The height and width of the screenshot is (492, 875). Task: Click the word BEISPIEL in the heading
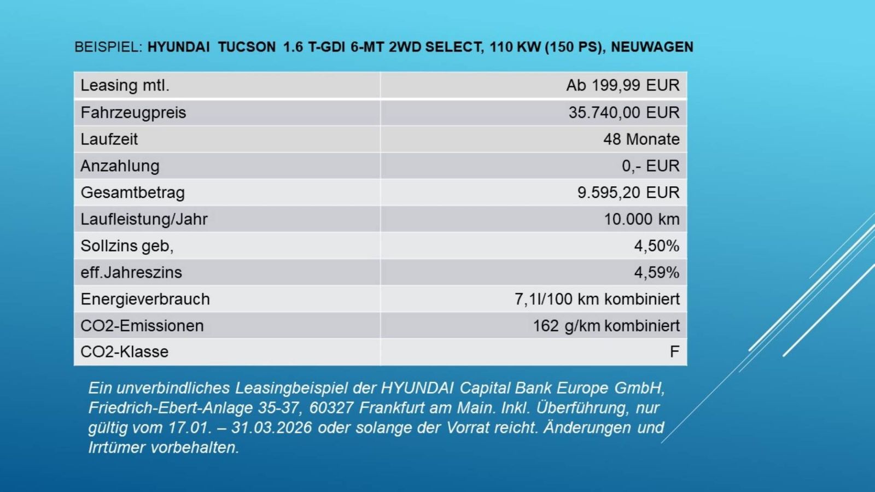pyautogui.click(x=107, y=47)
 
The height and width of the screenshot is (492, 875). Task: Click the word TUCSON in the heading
pyautogui.click(x=247, y=47)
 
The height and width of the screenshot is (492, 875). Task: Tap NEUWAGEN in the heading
pyautogui.click(x=652, y=47)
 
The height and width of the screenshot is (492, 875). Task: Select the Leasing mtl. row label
pyautogui.click(x=125, y=85)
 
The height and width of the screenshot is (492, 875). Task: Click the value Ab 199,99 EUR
pyautogui.click(x=622, y=85)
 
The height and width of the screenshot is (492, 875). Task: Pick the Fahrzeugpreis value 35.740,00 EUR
pyautogui.click(x=623, y=113)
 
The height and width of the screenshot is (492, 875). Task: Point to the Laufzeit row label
pyautogui.click(x=109, y=139)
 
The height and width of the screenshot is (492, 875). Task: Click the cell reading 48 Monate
pyautogui.click(x=641, y=139)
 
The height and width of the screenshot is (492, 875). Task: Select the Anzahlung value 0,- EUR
pyautogui.click(x=650, y=166)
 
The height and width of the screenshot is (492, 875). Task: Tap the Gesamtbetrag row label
pyautogui.click(x=132, y=192)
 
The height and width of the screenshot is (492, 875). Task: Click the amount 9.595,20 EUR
pyautogui.click(x=628, y=192)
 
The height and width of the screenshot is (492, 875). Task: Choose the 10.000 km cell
pyautogui.click(x=641, y=219)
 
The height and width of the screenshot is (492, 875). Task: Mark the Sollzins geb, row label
pyautogui.click(x=127, y=246)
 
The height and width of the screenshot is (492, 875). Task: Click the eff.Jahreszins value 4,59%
pyautogui.click(x=656, y=272)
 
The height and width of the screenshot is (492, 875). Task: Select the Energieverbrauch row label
pyautogui.click(x=145, y=299)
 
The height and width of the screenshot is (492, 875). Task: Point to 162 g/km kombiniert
pyautogui.click(x=606, y=326)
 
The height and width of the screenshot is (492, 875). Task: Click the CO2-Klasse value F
pyautogui.click(x=674, y=352)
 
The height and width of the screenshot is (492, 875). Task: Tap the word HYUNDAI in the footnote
pyautogui.click(x=417, y=388)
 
